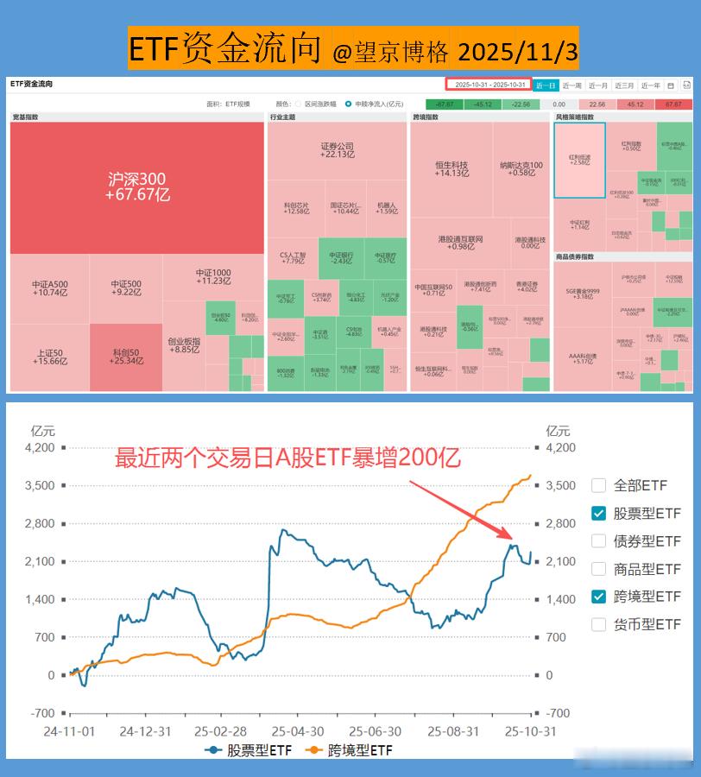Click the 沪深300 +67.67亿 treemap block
[137, 186]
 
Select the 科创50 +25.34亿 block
[126, 357]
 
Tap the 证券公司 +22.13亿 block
[337, 150]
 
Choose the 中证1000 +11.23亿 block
[213, 276]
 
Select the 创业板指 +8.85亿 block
[184, 345]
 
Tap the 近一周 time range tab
[572, 85]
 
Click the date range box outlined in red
[488, 85]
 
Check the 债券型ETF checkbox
[599, 541]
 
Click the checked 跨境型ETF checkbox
[599, 597]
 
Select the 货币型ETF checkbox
[599, 624]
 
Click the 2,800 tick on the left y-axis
[40, 523]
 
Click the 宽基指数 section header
[26, 117]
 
